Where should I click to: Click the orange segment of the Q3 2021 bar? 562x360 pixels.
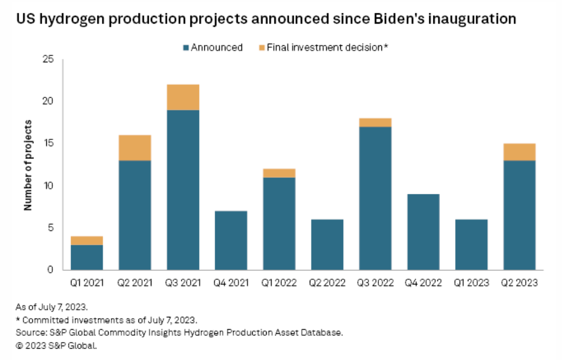(x=183, y=97)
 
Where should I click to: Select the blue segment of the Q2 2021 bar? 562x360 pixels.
(x=135, y=215)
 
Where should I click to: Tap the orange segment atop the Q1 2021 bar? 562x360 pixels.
(x=86, y=241)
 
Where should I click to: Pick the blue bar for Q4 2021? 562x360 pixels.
(x=231, y=240)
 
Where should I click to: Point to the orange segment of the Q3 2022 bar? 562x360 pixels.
(x=375, y=122)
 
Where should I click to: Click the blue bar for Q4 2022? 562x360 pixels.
(x=423, y=232)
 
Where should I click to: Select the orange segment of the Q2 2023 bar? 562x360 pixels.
(x=519, y=152)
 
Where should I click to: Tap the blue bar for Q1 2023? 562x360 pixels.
(x=471, y=244)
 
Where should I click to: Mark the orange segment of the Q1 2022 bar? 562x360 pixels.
(x=279, y=173)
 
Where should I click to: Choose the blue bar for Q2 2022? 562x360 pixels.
(x=327, y=244)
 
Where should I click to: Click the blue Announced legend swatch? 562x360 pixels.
(x=186, y=48)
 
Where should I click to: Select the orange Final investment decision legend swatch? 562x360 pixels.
(x=261, y=48)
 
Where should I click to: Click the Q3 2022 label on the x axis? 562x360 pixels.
(x=375, y=283)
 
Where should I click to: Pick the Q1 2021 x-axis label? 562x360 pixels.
(x=86, y=283)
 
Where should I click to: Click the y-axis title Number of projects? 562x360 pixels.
(x=28, y=165)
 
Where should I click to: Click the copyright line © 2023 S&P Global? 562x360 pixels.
(x=56, y=345)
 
